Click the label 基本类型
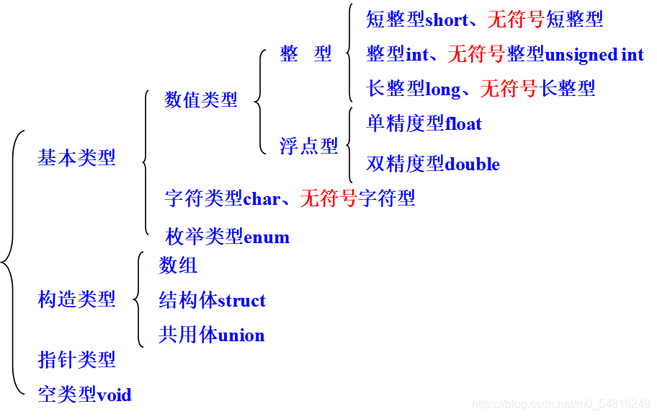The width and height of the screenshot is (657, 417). pos(76,158)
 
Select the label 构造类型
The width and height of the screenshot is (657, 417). pos(76,299)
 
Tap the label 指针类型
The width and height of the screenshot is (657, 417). pos(76,359)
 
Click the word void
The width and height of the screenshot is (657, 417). pos(115,395)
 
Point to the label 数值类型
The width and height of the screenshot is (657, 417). pos(201,100)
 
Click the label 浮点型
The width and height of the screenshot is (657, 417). pos(309,146)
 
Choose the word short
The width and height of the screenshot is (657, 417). pos(447,20)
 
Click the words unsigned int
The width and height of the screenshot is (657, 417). pos(594,54)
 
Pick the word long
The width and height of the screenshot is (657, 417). pos(442,89)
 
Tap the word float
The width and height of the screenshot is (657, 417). pos(463,123)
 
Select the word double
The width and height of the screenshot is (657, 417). pos(473,164)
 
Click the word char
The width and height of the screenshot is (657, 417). pos(262,198)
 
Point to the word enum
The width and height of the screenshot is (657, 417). pos(267,237)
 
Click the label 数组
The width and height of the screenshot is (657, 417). pos(178,265)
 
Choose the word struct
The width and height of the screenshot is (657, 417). pos(241,301)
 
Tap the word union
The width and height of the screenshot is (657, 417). pos(241,335)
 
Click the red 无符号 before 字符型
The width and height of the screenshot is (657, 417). pos(328,198)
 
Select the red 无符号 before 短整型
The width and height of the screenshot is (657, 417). pos(516,20)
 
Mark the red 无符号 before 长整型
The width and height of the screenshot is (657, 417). pos(509,89)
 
